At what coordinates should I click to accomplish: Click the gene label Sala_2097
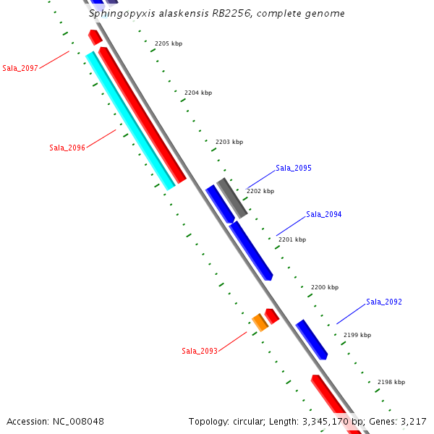(20, 68)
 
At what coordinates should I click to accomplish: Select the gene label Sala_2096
(67, 148)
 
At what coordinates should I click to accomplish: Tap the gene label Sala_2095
(293, 168)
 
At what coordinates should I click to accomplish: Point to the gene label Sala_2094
(323, 214)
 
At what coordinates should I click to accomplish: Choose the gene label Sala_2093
(199, 351)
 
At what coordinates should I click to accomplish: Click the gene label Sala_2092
(383, 302)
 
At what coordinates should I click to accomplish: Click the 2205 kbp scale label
(168, 43)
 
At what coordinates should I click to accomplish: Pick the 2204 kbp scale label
(198, 93)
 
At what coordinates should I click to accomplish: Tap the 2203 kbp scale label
(229, 142)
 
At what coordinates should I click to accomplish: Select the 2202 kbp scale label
(260, 191)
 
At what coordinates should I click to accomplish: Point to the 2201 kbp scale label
(292, 239)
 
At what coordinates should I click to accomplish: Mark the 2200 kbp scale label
(325, 287)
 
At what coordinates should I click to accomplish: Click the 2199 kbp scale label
(357, 335)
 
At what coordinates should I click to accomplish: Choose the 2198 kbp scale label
(391, 382)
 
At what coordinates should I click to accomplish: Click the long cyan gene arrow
(130, 121)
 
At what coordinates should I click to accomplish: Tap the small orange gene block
(260, 323)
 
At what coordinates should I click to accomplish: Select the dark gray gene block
(233, 197)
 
